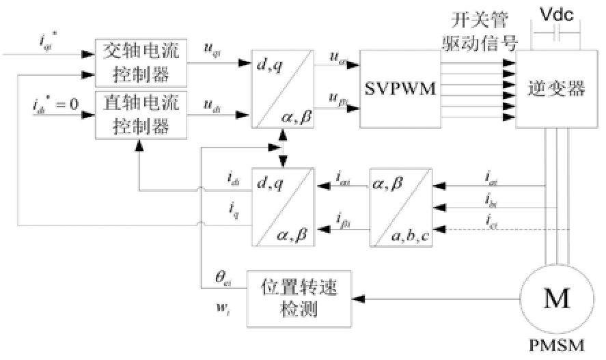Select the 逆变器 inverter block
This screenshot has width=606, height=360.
click(x=551, y=89)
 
